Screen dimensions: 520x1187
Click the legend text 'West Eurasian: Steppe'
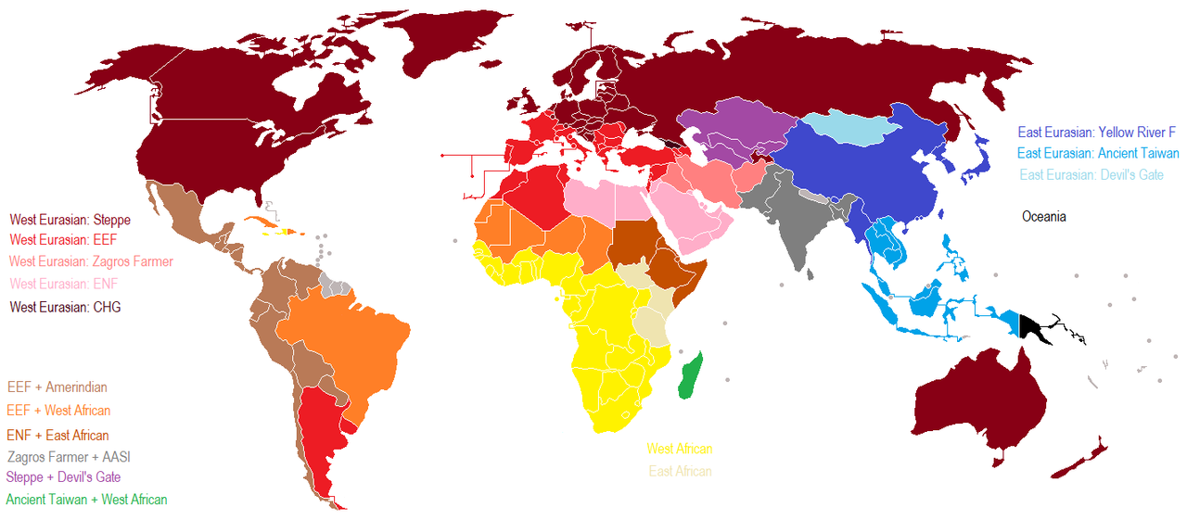tap(70, 221)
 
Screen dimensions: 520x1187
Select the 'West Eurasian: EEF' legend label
tap(61, 241)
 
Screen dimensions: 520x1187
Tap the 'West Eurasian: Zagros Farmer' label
tap(91, 262)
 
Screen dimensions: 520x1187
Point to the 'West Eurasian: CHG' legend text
tap(65, 307)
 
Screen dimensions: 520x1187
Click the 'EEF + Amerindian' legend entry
tap(57, 387)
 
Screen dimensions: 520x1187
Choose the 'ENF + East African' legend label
tap(57, 436)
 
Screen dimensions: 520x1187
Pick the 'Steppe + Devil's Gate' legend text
tap(63, 477)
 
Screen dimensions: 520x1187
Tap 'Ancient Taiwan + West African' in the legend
tap(86, 500)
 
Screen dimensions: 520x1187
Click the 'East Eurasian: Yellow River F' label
tap(1096, 133)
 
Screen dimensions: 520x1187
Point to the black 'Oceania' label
tap(1044, 217)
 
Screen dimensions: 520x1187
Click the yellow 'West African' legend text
tap(680, 450)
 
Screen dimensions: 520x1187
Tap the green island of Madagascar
tap(691, 376)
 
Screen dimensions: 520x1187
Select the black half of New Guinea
tap(1032, 328)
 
